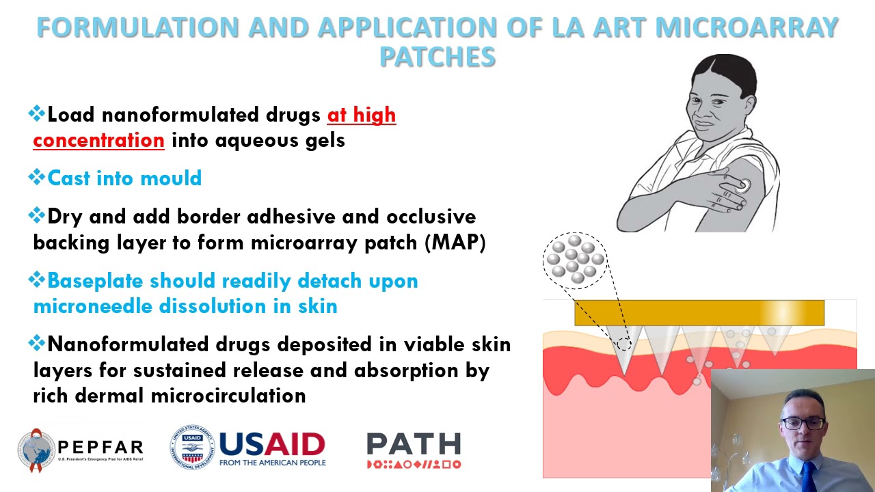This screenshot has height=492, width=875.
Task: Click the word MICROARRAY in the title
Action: [x=746, y=27]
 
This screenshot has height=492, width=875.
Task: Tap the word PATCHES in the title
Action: [x=437, y=57]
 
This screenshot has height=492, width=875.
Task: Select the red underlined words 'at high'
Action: [x=362, y=115]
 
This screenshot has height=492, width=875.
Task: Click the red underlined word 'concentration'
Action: [x=98, y=140]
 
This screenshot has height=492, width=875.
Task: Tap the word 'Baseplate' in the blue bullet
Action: [x=95, y=281]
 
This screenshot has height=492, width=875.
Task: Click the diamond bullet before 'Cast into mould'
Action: [x=37, y=178]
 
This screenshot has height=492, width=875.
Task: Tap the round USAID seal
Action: [x=192, y=448]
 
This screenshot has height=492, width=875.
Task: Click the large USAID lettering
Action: [x=272, y=444]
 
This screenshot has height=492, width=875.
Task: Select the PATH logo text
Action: [x=414, y=444]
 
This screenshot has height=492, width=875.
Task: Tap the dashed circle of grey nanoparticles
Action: [x=575, y=260]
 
